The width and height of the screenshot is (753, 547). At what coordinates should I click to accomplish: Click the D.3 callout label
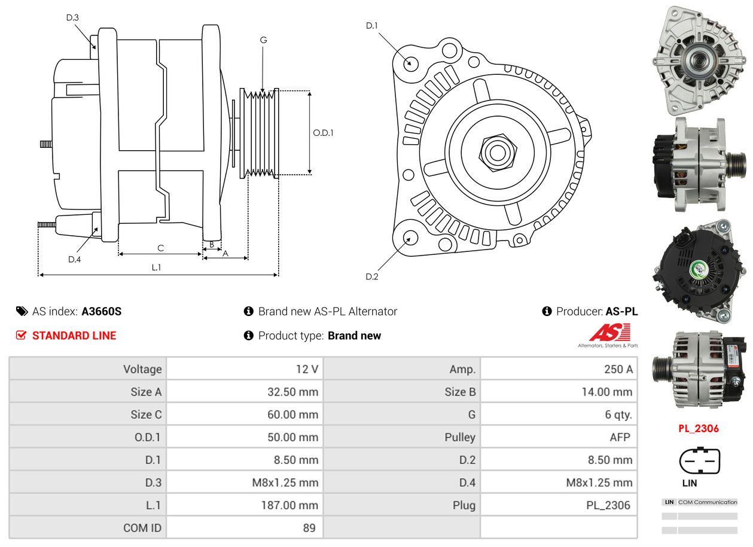pyautogui.click(x=72, y=17)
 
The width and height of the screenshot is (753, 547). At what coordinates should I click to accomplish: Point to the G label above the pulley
pyautogui.click(x=263, y=40)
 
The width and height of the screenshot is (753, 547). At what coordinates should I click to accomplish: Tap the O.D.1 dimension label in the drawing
pyautogui.click(x=323, y=133)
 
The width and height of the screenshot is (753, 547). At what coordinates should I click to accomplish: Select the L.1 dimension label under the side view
pyautogui.click(x=156, y=268)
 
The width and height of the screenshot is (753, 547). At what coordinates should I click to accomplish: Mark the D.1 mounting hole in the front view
pyautogui.click(x=411, y=63)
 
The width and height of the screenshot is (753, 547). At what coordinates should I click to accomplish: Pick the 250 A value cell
pyautogui.click(x=559, y=369)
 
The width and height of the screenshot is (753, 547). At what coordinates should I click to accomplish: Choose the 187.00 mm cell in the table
pyautogui.click(x=245, y=505)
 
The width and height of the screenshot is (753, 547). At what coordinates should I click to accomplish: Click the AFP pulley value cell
pyautogui.click(x=559, y=437)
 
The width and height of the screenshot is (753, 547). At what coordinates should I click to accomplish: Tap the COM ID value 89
pyautogui.click(x=245, y=528)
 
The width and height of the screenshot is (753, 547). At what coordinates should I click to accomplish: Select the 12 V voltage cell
pyautogui.click(x=245, y=369)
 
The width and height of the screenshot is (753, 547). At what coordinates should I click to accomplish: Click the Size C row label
pyautogui.click(x=88, y=414)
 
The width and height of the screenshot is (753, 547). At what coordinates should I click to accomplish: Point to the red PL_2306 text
pyautogui.click(x=699, y=429)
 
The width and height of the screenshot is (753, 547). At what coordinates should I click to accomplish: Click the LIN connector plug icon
pyautogui.click(x=699, y=461)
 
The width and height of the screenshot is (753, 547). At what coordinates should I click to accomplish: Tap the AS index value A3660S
pyautogui.click(x=102, y=311)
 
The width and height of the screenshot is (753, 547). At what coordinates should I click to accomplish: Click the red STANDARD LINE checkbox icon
pyautogui.click(x=22, y=335)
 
